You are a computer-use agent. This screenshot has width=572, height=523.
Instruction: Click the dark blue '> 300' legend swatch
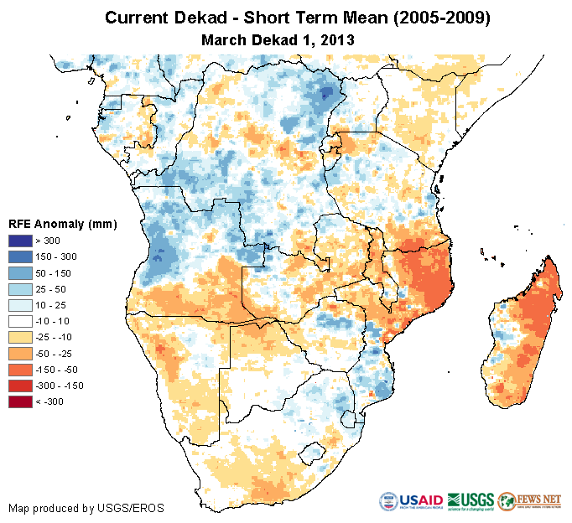(21, 241)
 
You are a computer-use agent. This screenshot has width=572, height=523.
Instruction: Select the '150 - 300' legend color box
(21, 257)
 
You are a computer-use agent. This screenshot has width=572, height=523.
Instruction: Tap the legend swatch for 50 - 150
(21, 273)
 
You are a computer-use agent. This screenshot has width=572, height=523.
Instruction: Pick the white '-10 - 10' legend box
(21, 321)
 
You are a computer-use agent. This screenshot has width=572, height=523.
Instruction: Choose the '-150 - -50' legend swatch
(21, 370)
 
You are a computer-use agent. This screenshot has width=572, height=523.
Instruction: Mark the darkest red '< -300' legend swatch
(21, 401)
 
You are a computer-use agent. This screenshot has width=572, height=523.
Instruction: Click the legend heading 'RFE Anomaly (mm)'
(62, 225)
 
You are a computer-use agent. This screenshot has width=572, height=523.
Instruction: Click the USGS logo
(471, 501)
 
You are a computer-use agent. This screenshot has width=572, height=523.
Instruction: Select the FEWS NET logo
(529, 501)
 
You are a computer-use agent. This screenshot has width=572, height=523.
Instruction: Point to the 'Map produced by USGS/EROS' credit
(86, 508)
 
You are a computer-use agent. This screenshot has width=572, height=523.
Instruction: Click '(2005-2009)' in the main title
(434, 18)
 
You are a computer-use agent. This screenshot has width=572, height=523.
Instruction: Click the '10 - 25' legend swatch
(21, 305)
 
